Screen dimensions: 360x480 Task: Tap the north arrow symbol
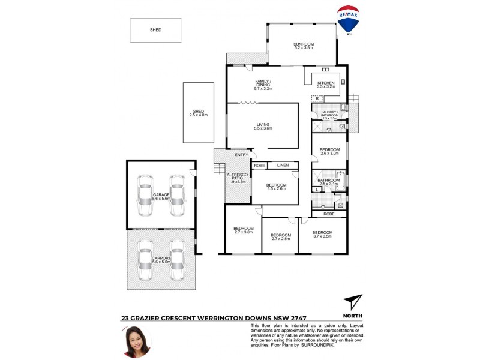[353, 302]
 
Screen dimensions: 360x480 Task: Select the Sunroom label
[304, 46]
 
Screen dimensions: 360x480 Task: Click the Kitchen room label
[326, 85]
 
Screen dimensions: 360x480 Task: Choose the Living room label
[263, 127]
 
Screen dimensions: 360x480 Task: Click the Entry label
[241, 155]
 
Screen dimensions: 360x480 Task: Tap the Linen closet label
[283, 165]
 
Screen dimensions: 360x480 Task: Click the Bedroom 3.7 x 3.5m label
[322, 235]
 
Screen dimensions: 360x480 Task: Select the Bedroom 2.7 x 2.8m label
[280, 237]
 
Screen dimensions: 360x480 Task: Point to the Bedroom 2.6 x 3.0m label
[329, 151]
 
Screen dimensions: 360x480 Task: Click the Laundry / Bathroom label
[330, 115]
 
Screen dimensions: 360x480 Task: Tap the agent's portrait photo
[136, 341]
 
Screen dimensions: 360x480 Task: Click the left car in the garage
[145, 196]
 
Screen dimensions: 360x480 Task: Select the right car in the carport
[177, 260]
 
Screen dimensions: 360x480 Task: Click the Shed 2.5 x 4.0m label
[199, 113]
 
